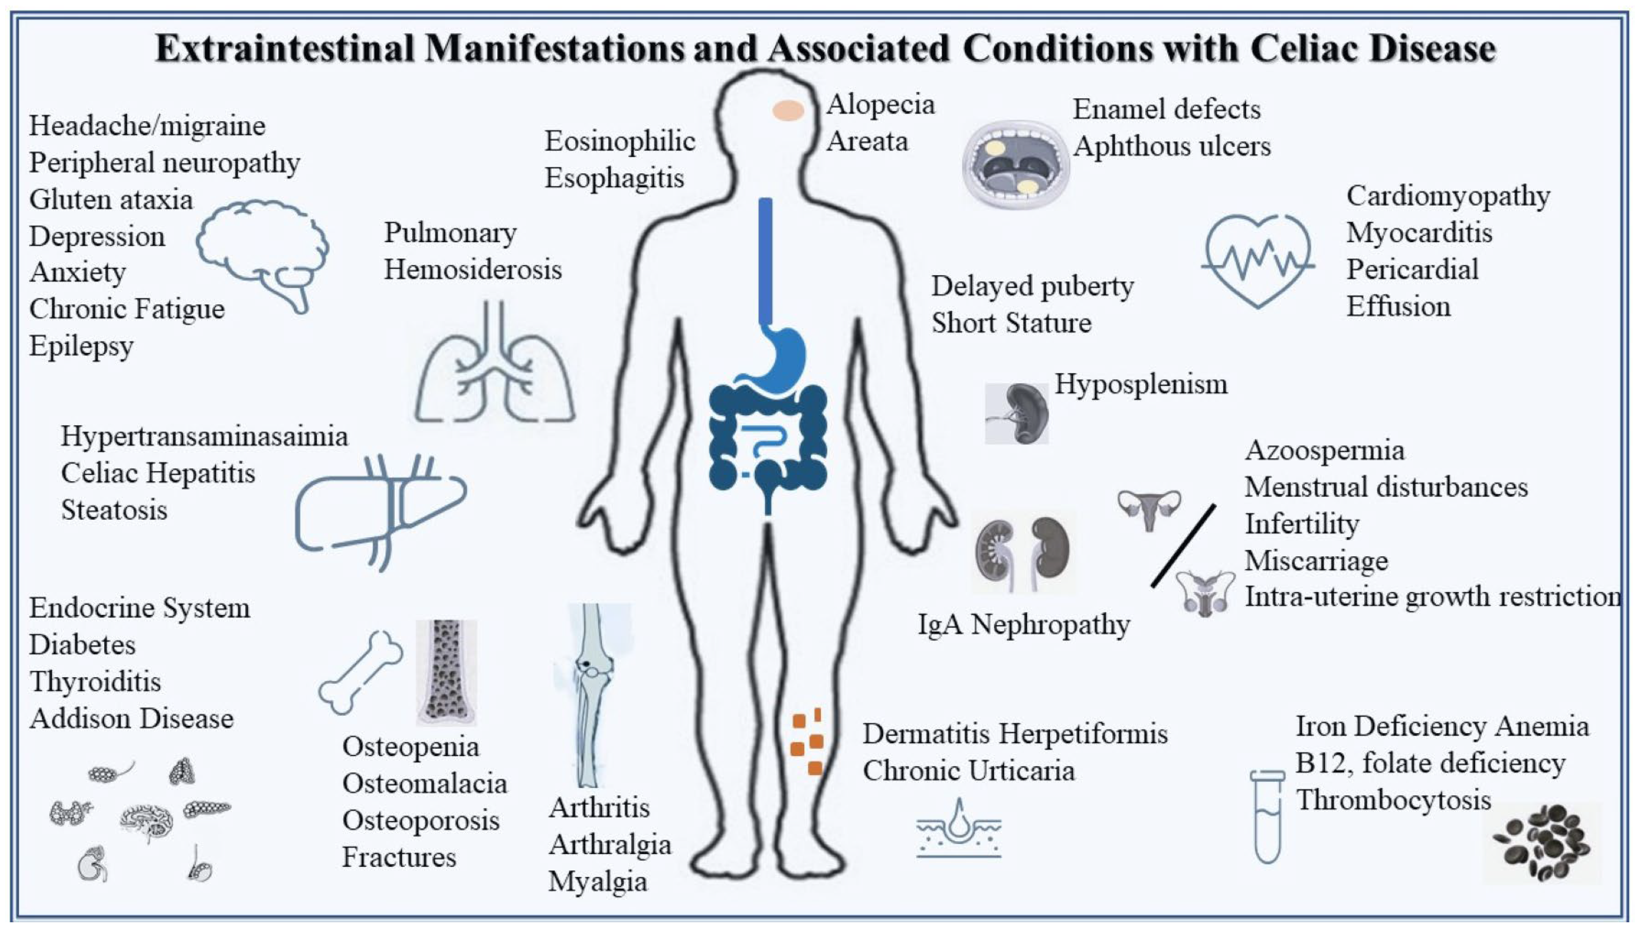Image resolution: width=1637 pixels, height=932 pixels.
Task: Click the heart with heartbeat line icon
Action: [x=1258, y=260]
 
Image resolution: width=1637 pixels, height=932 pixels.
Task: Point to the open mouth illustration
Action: [x=1016, y=164]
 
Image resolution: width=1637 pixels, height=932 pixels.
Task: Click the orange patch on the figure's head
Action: [x=788, y=110]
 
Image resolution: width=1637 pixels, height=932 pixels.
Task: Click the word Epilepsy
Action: [x=81, y=346]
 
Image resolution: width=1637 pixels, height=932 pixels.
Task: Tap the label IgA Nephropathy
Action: [x=1023, y=625]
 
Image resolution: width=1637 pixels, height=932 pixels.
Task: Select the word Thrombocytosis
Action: [x=1393, y=800]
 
